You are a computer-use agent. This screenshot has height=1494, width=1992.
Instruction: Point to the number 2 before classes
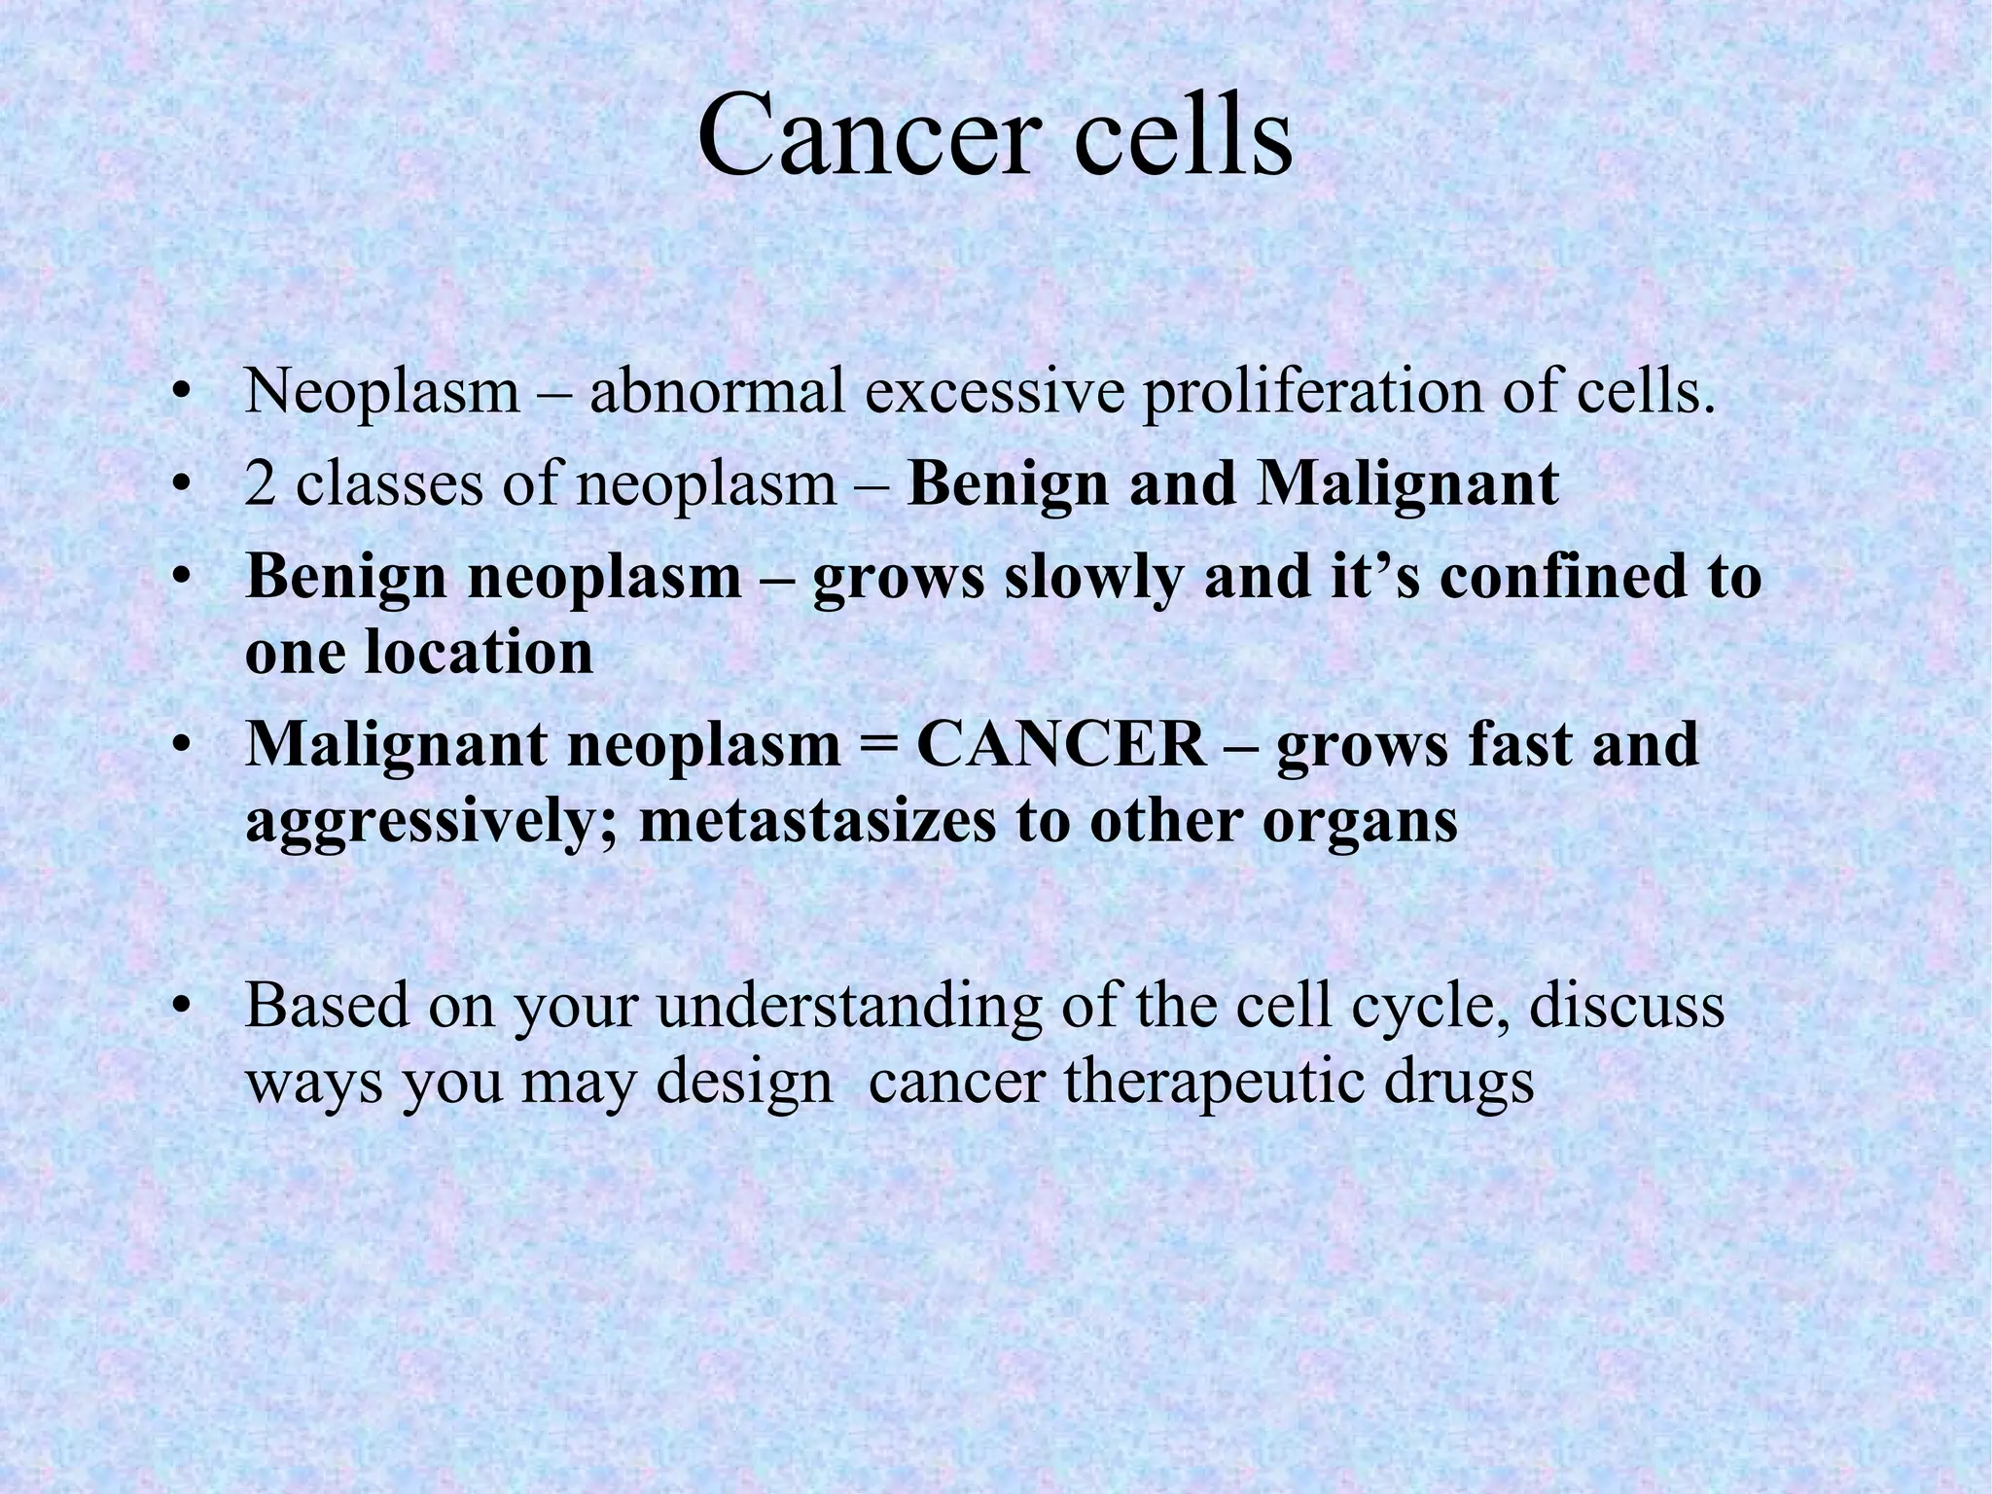(260, 484)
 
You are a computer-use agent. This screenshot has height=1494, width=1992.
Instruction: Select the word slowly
(1093, 578)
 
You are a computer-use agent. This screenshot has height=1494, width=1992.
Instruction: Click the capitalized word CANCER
(1061, 745)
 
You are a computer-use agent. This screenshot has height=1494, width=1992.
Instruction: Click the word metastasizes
(818, 822)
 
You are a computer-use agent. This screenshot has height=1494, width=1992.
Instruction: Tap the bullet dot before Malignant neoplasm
(179, 747)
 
